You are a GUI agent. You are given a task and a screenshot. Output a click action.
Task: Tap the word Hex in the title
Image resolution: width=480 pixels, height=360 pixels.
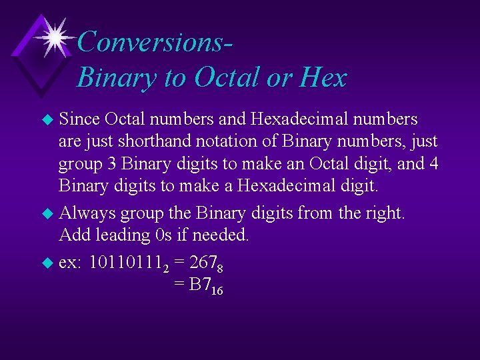323,78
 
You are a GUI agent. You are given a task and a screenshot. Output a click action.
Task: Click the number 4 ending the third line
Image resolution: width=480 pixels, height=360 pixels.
433,164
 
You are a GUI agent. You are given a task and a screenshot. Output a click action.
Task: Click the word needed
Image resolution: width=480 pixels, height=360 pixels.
221,235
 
